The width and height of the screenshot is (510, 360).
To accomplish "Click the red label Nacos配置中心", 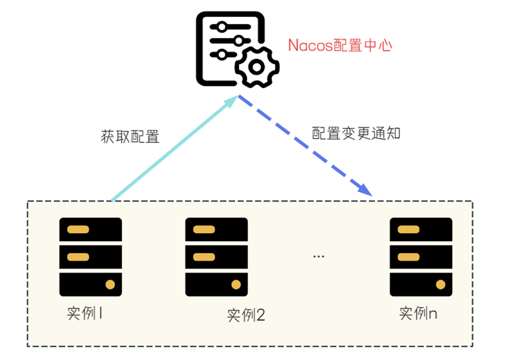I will [x=340, y=45].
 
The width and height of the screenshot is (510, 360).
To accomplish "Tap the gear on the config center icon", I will [x=257, y=67].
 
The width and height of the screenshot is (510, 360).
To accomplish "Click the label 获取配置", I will [x=130, y=136].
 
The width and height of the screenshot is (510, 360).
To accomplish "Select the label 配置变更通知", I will [x=356, y=133].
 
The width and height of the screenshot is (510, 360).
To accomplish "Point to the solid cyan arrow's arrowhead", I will [x=233, y=101].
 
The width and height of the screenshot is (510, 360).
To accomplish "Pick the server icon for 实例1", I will [x=90, y=256].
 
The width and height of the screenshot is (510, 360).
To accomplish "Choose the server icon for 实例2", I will [x=216, y=256].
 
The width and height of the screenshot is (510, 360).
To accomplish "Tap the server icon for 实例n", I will [x=421, y=256].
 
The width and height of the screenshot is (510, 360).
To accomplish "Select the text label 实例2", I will [x=246, y=316].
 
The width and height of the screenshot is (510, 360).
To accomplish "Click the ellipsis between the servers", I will [x=318, y=256].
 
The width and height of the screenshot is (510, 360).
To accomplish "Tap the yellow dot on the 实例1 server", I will [x=110, y=284].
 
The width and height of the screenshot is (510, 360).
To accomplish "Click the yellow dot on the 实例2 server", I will [x=236, y=284].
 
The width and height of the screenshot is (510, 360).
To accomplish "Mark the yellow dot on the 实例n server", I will [x=440, y=284].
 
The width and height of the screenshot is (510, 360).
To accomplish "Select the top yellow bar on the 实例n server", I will [x=408, y=229].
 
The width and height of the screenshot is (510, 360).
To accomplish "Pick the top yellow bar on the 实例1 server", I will [x=78, y=229].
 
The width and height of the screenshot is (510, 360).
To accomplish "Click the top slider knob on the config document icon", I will [x=221, y=27].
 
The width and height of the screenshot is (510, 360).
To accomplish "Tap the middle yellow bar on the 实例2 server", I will [x=203, y=256].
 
